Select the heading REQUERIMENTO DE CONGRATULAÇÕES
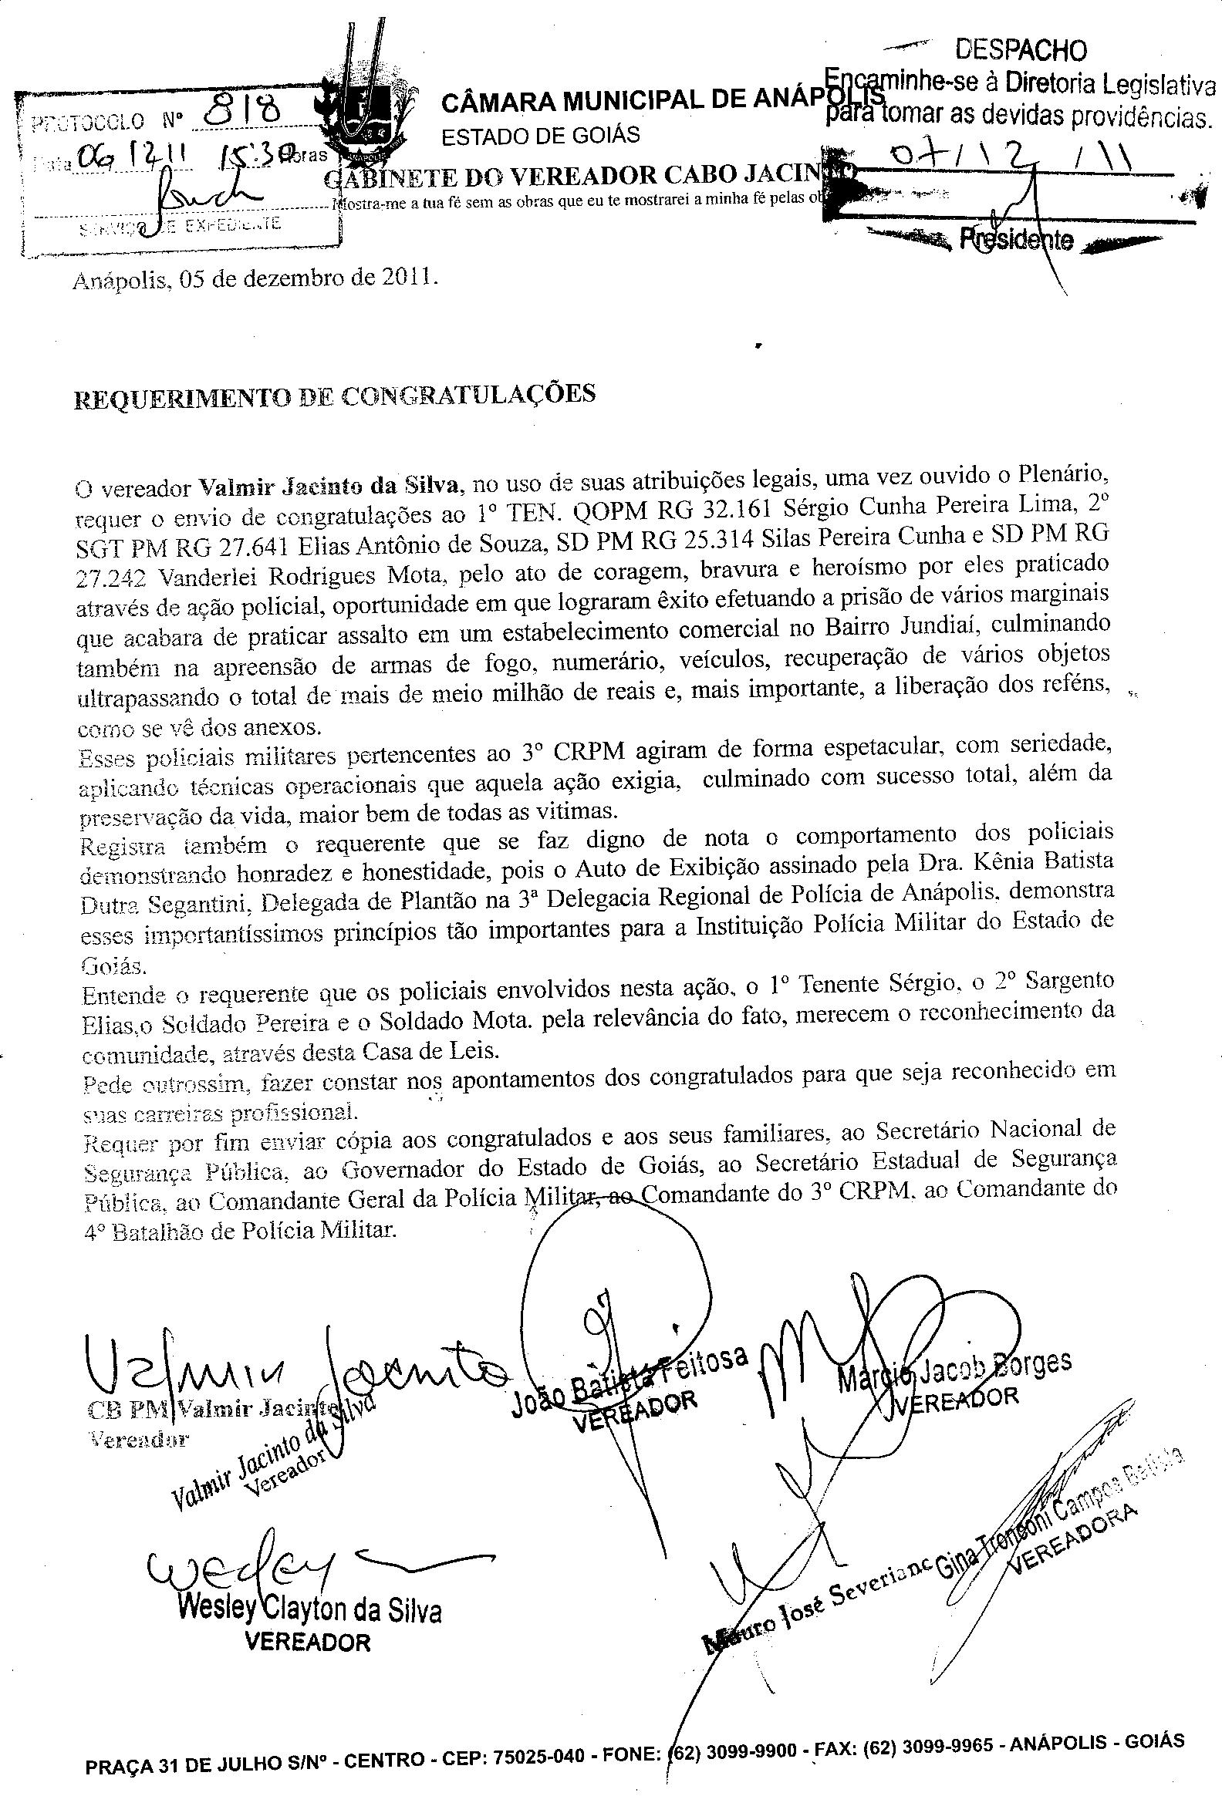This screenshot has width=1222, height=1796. tap(334, 396)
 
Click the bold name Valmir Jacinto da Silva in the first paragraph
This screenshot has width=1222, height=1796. tap(331, 487)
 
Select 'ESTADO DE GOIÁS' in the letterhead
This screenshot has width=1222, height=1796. tap(540, 136)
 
